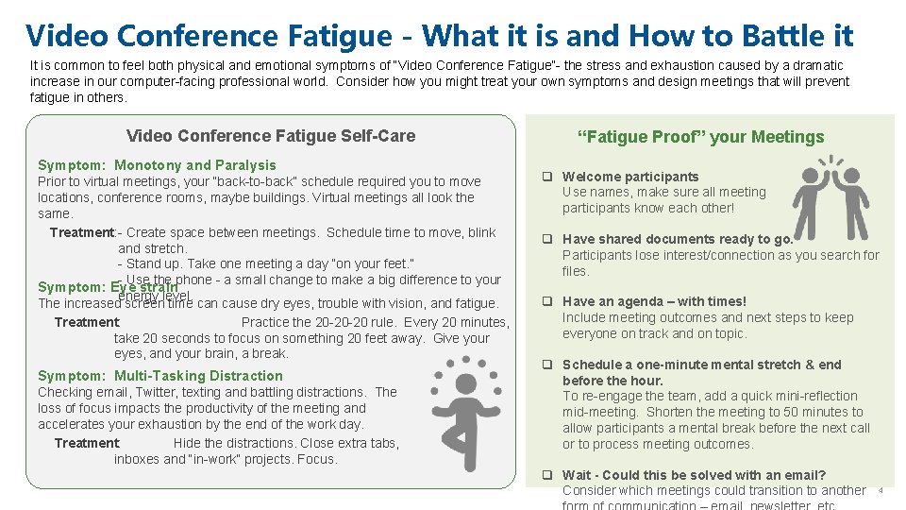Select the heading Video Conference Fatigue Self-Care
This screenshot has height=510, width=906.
pyautogui.click(x=270, y=136)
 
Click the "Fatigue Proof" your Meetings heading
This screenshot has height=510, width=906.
pyautogui.click(x=700, y=137)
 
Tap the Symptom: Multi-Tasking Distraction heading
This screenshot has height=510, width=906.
pyautogui.click(x=159, y=376)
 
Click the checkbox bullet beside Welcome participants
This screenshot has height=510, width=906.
pyautogui.click(x=546, y=177)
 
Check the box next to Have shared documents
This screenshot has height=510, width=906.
pyautogui.click(x=546, y=239)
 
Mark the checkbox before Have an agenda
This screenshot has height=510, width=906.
pyautogui.click(x=546, y=302)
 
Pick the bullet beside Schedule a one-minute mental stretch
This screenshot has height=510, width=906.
pyautogui.click(x=546, y=365)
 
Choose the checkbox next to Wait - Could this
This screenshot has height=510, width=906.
pyautogui.click(x=546, y=475)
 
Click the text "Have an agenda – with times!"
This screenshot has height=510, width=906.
pyautogui.click(x=654, y=302)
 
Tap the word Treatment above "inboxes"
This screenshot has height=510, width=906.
pyautogui.click(x=86, y=443)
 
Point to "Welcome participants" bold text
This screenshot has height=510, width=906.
pyautogui.click(x=630, y=177)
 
